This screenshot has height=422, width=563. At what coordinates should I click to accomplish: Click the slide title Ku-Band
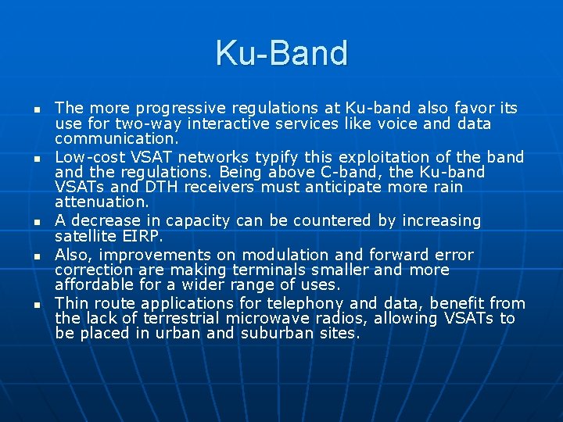[281, 53]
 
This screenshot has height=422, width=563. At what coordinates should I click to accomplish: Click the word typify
[285, 156]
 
